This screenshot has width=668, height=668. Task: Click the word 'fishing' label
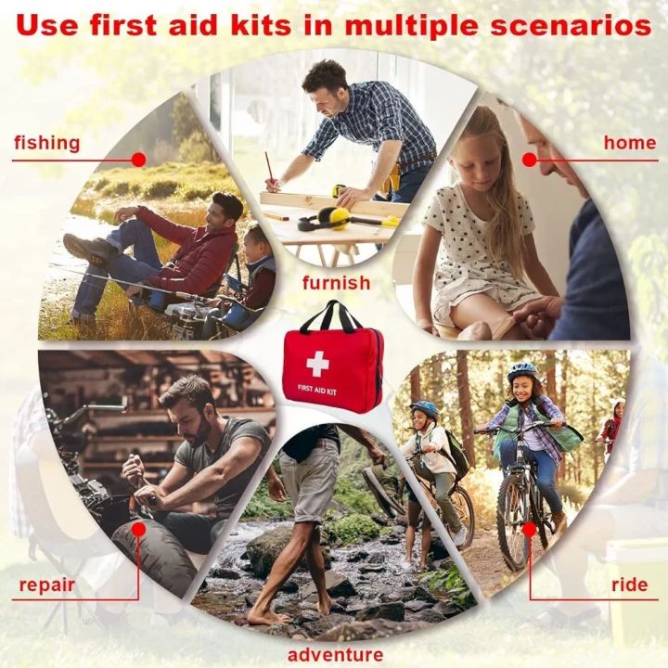pos(46,143)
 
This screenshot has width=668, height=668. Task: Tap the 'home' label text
pos(629,143)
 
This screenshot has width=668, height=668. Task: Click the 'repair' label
pos(46,585)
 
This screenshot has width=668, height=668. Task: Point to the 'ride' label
pos(629,585)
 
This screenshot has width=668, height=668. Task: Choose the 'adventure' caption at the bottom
pos(335,656)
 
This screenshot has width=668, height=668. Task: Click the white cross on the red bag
pos(317,363)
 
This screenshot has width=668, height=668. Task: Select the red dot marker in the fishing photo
pos(138,160)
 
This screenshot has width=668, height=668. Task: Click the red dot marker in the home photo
pos(530,160)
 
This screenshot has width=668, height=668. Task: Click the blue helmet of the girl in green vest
pos(522,369)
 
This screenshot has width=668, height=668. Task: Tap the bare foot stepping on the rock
pos(263,616)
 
